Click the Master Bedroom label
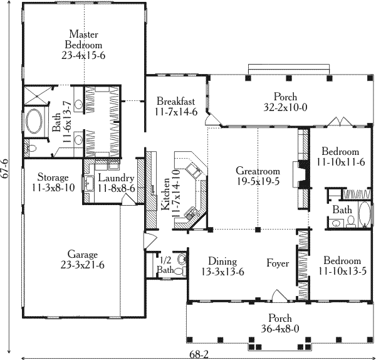click(x=83, y=40)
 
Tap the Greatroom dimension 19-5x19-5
click(x=258, y=181)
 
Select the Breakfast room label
click(x=175, y=101)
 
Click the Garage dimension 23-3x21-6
click(x=83, y=265)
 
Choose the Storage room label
click(x=53, y=177)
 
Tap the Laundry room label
click(x=116, y=178)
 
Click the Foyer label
click(x=278, y=263)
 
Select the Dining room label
click(x=222, y=262)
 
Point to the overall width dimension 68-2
click(x=199, y=354)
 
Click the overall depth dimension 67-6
click(x=5, y=169)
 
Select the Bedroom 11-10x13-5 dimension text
click(x=342, y=271)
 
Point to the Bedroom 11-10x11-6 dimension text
click(x=341, y=162)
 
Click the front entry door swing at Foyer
click(x=279, y=295)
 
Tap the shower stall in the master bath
click(x=36, y=96)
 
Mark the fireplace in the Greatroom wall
click(x=301, y=174)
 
